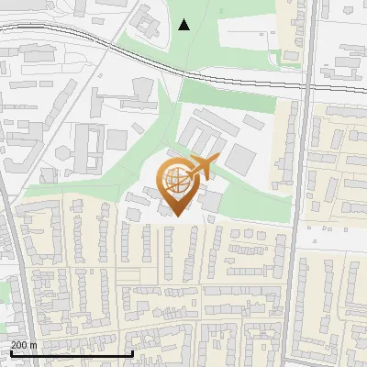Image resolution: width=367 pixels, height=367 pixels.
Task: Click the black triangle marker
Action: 184,25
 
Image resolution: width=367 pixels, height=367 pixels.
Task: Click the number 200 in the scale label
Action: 19,345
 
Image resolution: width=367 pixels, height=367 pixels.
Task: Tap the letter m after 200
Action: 33,345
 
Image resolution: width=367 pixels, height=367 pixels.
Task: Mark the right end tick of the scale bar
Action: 133,353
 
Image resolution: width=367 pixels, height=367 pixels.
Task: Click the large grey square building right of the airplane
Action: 241,158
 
